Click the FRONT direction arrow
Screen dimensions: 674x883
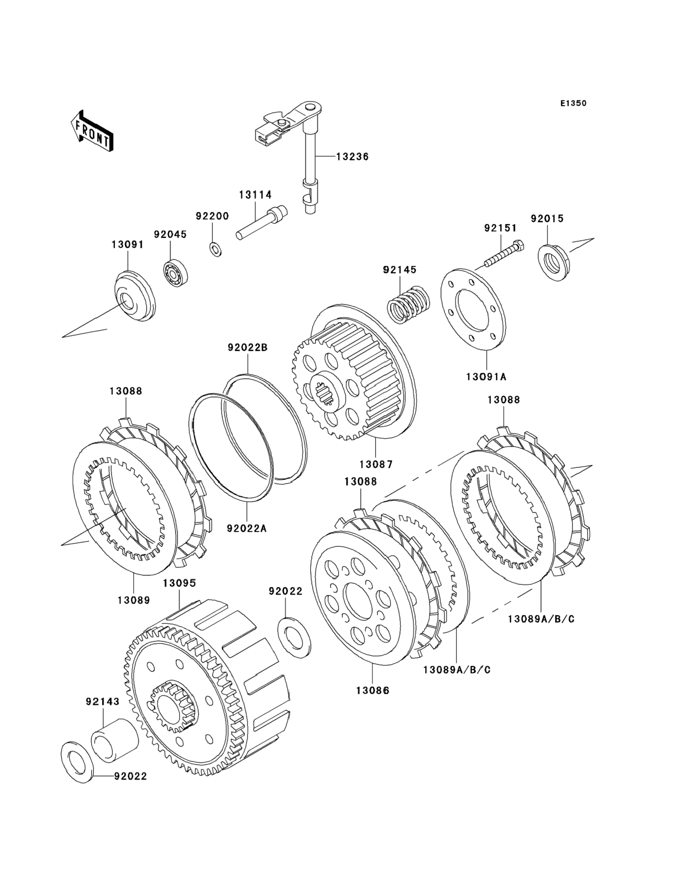pos(92,131)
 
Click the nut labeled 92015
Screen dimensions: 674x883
pos(553,262)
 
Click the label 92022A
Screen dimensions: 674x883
pos(246,528)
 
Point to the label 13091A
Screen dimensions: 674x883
pos(486,376)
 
